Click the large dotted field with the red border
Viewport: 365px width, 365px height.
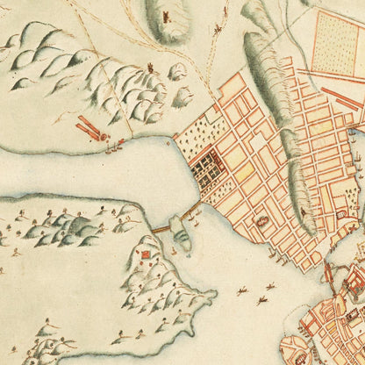(x=336, y=43)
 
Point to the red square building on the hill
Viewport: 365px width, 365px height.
(x=146, y=255)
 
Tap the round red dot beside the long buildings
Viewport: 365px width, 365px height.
(x=106, y=138)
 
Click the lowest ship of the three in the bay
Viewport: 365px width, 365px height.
(x=261, y=301)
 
